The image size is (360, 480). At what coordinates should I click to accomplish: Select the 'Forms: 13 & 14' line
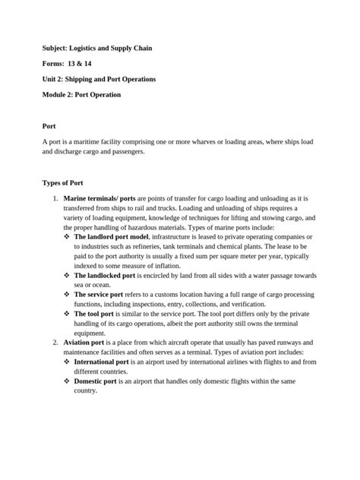click(x=67, y=63)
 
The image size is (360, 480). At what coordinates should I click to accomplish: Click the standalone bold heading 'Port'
click(x=49, y=125)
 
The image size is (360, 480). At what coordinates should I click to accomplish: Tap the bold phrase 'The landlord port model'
click(x=112, y=237)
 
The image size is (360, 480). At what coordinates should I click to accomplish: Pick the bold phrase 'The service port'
click(x=99, y=294)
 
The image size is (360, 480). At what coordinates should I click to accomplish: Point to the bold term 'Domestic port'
click(x=95, y=381)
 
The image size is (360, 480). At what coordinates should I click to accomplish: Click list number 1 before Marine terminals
click(x=55, y=198)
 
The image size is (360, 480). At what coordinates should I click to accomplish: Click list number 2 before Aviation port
click(x=55, y=343)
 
